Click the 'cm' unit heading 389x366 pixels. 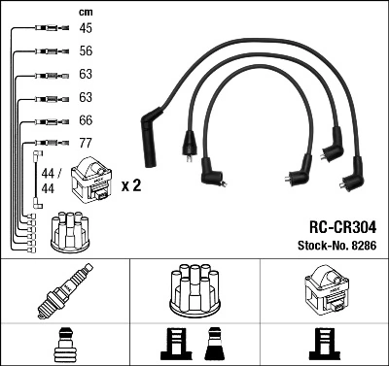[85, 12]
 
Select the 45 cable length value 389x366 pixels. [86, 28]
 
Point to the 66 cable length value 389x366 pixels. [86, 120]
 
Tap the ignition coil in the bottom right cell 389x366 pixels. [324, 286]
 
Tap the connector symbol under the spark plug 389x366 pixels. [66, 343]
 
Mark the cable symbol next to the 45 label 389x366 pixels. [48, 29]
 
